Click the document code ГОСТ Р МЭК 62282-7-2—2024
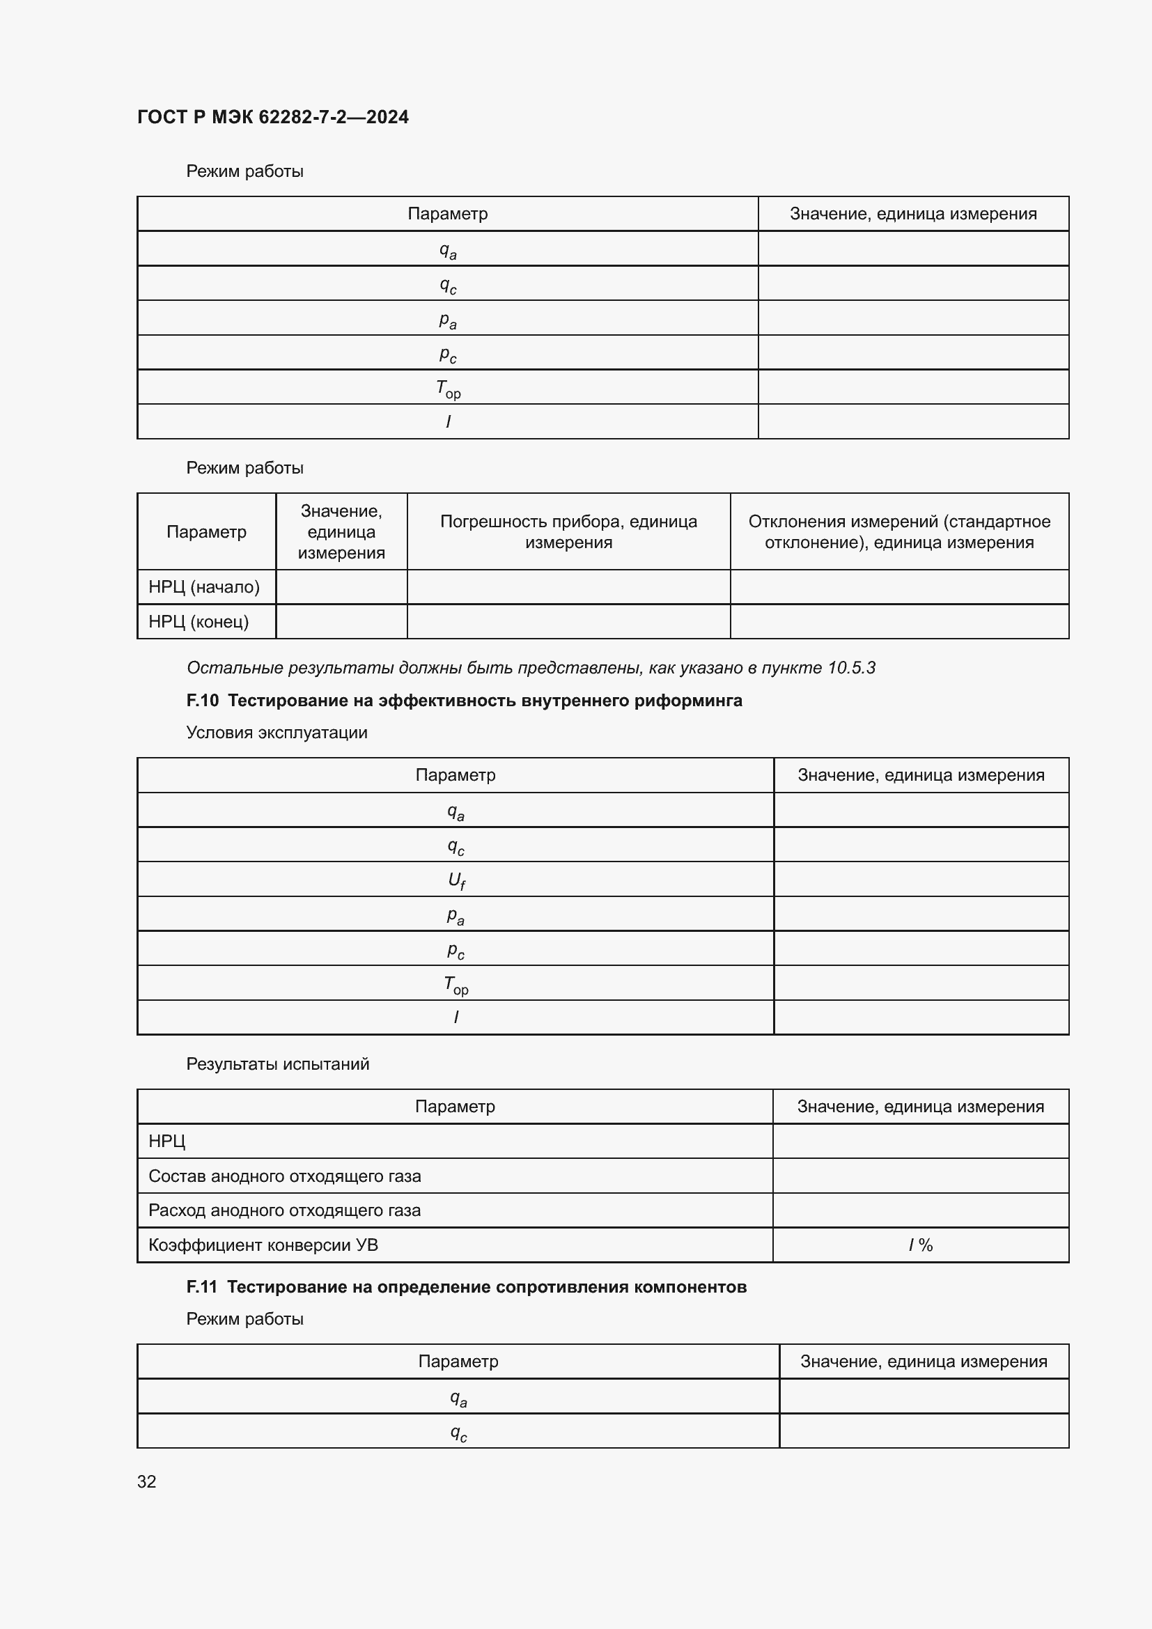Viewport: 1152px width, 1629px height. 272,117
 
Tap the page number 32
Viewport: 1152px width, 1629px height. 146,1481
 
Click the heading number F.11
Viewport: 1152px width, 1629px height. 201,1286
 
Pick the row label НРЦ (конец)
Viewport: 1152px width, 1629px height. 199,621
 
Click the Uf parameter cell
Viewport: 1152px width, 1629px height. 456,880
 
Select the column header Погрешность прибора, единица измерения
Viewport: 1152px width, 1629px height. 568,531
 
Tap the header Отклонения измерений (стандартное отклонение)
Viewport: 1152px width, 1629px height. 898,531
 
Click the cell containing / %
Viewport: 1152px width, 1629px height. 920,1245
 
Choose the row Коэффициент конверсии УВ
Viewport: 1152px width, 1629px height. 263,1245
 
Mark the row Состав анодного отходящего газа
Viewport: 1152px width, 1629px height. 284,1176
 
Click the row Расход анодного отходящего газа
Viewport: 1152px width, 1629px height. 284,1210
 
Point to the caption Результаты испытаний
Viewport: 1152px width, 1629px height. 277,1063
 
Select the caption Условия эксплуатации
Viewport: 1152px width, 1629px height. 277,732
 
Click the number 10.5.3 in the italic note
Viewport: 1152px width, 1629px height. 851,668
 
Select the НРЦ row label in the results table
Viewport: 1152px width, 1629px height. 166,1141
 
